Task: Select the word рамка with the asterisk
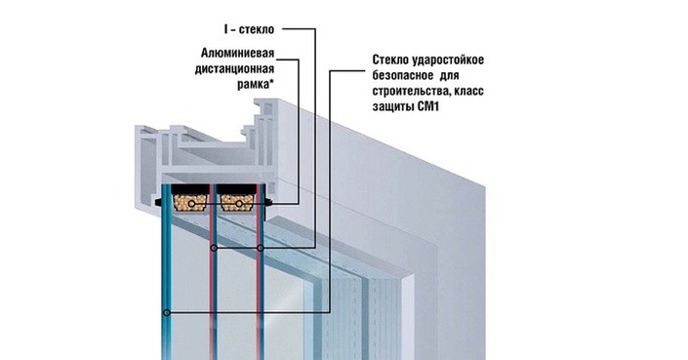(x=252, y=85)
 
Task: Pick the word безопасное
(x=397, y=78)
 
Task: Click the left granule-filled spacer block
(x=187, y=201)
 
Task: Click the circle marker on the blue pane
(x=168, y=312)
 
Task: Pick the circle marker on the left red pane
(x=213, y=250)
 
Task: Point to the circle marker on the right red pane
(x=262, y=250)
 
